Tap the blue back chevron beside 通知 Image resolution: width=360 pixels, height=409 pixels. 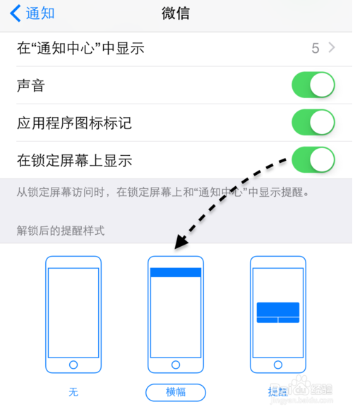point(15,13)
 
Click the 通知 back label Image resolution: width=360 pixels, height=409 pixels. point(40,13)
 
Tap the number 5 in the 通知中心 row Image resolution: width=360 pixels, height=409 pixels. point(315,49)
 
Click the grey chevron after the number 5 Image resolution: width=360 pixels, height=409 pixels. point(332,49)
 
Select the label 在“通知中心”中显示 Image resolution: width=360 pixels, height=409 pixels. point(80,49)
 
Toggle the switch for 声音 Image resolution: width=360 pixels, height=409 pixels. point(313,86)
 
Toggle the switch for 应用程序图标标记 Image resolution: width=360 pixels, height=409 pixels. point(313,123)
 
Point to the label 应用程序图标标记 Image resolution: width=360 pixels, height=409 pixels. point(74,123)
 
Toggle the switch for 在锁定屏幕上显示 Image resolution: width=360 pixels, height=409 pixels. point(313,159)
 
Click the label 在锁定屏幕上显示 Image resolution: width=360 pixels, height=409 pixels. point(74,160)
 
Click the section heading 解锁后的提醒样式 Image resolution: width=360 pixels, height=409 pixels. point(61,231)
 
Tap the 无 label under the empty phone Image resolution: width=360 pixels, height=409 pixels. point(73,391)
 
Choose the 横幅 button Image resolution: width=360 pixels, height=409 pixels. point(176,391)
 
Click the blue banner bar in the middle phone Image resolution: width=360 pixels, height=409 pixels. point(176,272)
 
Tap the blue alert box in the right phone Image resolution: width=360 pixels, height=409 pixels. point(277,312)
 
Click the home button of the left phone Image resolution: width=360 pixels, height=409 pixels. point(73,365)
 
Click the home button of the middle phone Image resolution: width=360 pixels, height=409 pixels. point(176,365)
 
